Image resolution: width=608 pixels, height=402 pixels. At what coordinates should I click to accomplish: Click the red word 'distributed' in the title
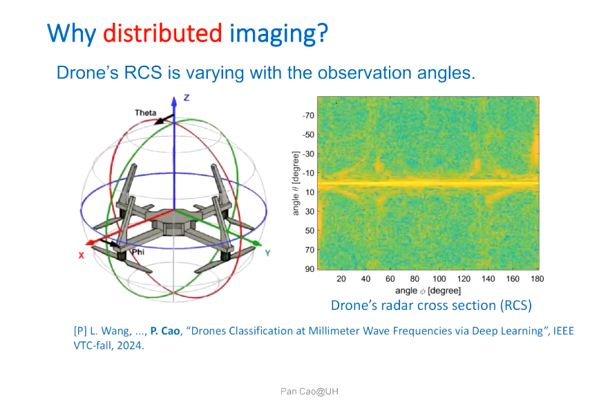[162, 33]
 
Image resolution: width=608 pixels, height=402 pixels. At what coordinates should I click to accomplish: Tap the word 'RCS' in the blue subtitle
[143, 73]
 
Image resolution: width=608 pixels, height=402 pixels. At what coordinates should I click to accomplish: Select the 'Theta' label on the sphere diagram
[145, 113]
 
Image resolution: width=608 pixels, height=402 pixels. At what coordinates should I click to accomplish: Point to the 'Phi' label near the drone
[138, 252]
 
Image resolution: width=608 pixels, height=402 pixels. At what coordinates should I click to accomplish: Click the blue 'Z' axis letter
[187, 98]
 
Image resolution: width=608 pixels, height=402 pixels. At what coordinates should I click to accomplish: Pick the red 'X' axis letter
[81, 255]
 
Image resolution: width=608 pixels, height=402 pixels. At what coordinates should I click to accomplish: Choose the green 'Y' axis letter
[267, 253]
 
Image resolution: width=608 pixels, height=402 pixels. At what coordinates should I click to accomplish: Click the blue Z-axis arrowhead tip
[174, 97]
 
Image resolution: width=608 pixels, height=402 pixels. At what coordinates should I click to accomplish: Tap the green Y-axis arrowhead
[257, 244]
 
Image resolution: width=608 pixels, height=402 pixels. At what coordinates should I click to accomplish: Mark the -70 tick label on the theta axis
[308, 116]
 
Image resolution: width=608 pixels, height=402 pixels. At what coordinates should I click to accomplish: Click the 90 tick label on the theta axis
[310, 268]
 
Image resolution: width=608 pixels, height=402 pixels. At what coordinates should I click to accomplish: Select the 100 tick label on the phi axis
[439, 278]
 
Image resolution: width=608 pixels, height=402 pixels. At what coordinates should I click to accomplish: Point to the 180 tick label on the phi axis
[537, 278]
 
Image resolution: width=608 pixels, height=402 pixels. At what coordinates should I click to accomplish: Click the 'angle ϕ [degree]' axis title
[428, 291]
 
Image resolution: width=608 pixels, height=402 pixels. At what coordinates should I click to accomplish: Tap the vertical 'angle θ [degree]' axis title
[296, 183]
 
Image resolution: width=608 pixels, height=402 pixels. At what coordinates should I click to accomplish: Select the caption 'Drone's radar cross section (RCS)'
[431, 305]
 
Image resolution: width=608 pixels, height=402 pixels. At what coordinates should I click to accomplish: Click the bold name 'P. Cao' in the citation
[165, 331]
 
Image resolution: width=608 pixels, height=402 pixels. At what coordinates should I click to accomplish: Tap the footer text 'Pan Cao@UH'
[310, 391]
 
